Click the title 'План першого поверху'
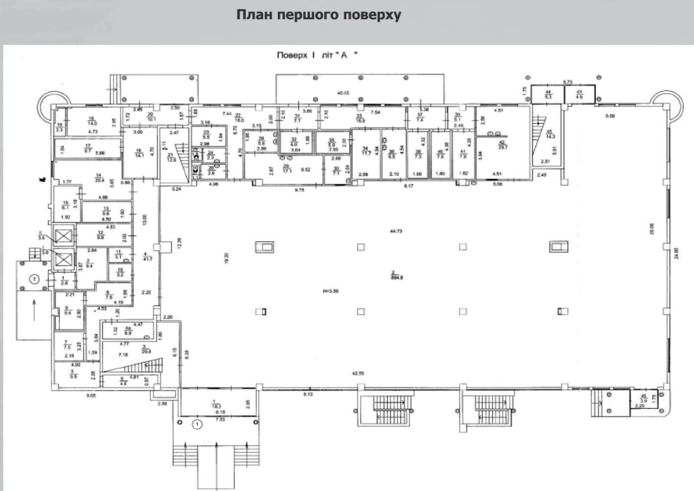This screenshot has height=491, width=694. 318,15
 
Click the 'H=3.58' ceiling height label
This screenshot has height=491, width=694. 330,291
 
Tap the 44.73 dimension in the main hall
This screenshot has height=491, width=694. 396,231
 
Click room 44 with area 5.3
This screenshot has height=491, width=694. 548,94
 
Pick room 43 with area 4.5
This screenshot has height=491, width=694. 579,94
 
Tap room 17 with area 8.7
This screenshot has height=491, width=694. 88,148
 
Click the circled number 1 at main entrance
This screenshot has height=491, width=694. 197,424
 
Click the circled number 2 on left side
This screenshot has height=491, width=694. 34,279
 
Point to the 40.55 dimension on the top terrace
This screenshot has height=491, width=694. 343,93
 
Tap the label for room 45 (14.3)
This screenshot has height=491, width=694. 549,134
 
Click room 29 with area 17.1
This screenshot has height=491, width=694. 286,168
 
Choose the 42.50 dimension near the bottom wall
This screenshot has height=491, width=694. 358,373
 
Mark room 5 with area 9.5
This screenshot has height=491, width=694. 74,374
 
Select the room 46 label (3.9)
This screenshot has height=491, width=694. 643,398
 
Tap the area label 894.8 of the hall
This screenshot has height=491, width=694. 397,276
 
